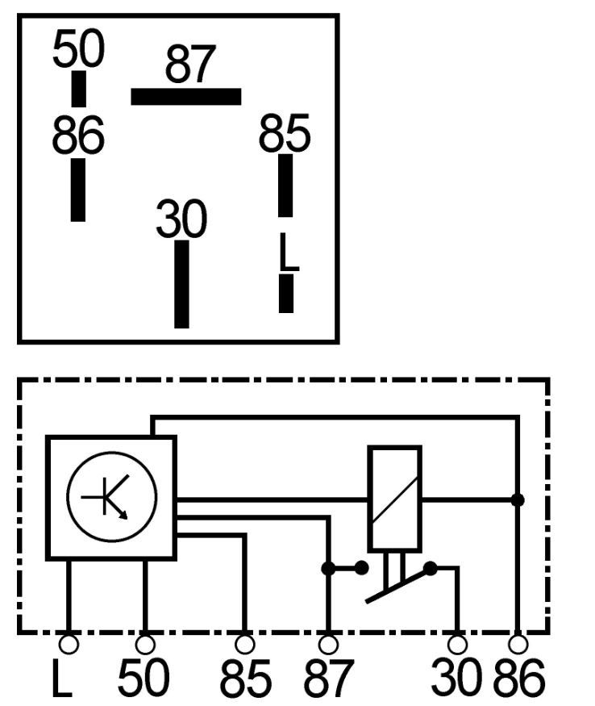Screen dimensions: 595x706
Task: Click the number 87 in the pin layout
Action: point(190,64)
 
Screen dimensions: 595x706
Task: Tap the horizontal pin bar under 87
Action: point(186,97)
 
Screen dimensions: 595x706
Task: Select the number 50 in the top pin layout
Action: point(78,48)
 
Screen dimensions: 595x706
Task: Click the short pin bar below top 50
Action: point(79,89)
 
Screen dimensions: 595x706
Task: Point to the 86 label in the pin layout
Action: point(78,135)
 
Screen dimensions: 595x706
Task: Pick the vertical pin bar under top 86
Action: point(78,190)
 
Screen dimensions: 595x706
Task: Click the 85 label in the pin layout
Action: point(285,133)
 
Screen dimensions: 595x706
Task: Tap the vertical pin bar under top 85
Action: point(285,186)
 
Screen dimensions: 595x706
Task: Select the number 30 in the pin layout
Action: point(181,219)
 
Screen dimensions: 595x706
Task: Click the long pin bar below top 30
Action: point(182,284)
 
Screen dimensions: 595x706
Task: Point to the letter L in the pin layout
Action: point(289,252)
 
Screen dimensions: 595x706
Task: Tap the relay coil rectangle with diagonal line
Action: point(395,499)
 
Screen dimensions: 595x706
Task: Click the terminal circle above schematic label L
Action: point(69,645)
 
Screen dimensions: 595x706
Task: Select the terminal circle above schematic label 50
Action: point(145,645)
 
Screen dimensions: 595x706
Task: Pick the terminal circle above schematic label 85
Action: point(245,645)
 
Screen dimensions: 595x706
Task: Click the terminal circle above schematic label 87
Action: point(328,645)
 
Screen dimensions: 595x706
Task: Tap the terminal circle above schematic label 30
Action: point(457,645)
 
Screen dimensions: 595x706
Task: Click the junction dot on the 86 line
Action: point(518,499)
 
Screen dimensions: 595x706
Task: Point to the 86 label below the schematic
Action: point(519,678)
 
